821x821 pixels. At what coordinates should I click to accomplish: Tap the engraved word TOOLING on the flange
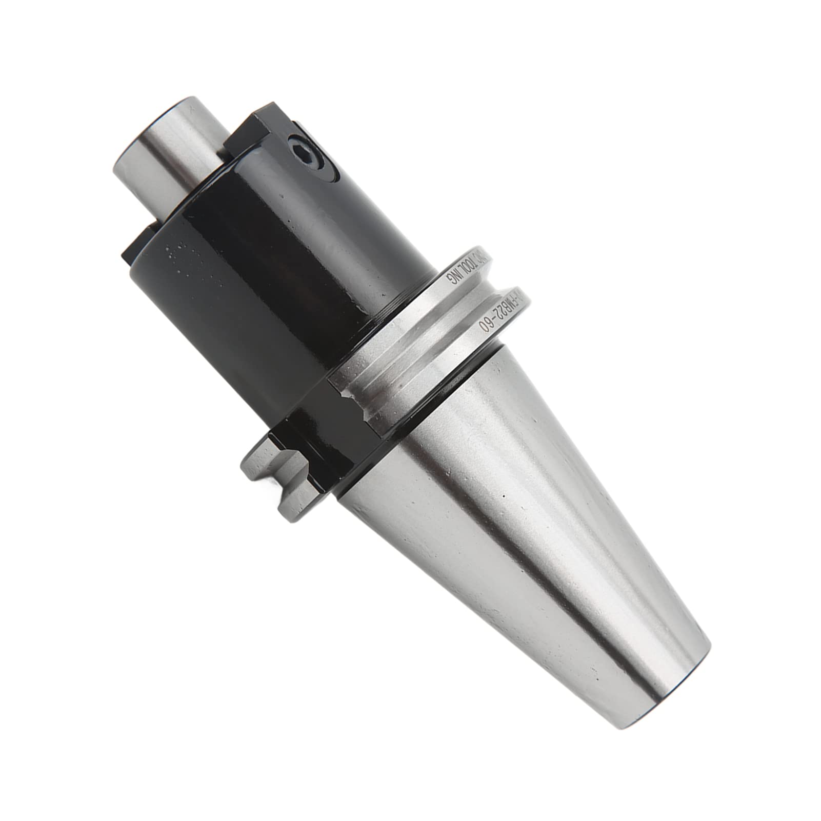click(x=464, y=271)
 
